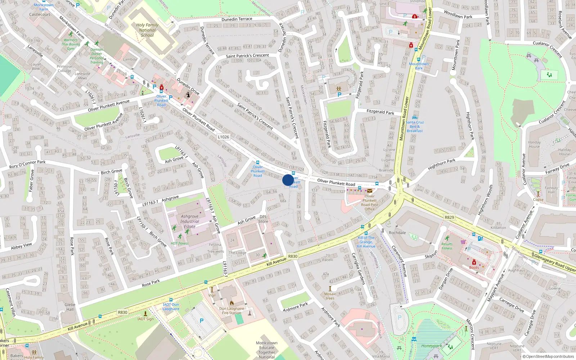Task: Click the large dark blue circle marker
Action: pyautogui.click(x=288, y=180)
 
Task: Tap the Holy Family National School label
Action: pyautogui.click(x=147, y=30)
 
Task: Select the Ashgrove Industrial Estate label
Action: pyautogui.click(x=190, y=221)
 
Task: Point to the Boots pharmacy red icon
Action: pyautogui.click(x=474, y=262)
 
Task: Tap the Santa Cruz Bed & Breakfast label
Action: pyautogui.click(x=415, y=126)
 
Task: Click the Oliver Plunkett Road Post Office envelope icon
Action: pyautogui.click(x=370, y=191)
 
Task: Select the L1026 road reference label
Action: pyautogui.click(x=223, y=137)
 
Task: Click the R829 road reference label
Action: pyautogui.click(x=449, y=217)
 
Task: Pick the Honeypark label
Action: pyautogui.click(x=431, y=346)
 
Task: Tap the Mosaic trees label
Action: pyautogui.click(x=330, y=296)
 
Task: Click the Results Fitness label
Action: pyautogui.click(x=447, y=246)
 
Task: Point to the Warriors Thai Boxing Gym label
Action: pyautogui.click(x=71, y=44)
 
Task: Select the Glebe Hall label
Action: pyautogui.click(x=70, y=307)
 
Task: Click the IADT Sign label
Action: pyautogui.click(x=145, y=319)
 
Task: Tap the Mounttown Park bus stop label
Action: pyautogui.click(x=419, y=66)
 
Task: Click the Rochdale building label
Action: pyautogui.click(x=397, y=233)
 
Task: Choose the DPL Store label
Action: pyautogui.click(x=263, y=219)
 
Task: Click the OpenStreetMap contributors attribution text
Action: pyautogui.click(x=549, y=357)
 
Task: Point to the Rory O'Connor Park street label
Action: pyautogui.click(x=27, y=164)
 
